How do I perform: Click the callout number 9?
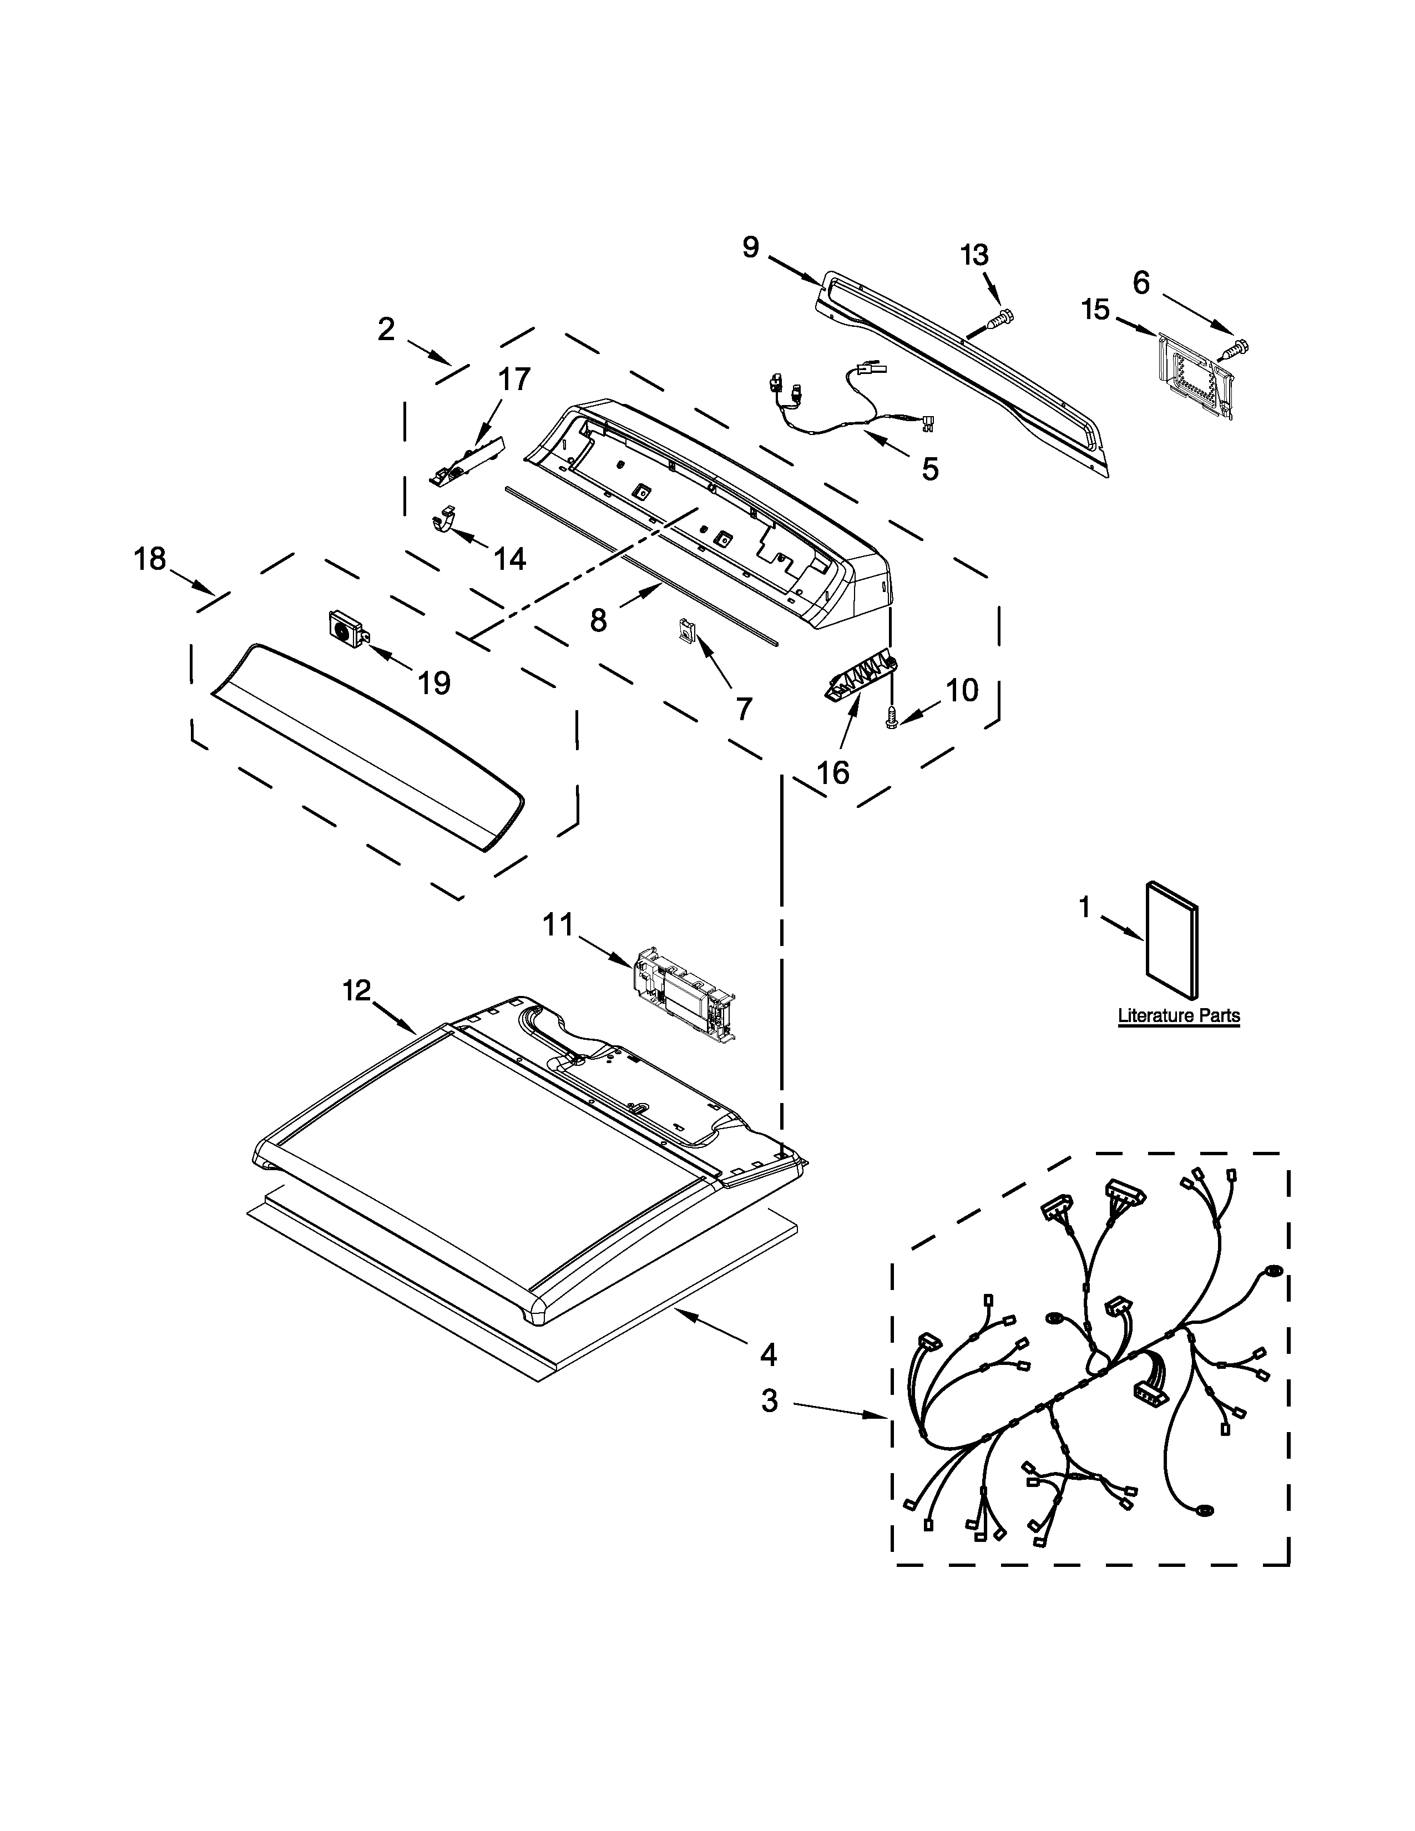coord(750,247)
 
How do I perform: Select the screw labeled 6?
coord(1236,346)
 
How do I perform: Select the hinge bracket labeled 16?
coord(858,674)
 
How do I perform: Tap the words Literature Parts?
coord(1179,1015)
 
